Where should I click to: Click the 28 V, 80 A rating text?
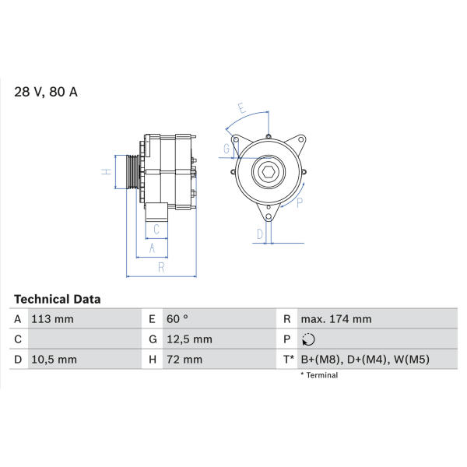[x=46, y=92]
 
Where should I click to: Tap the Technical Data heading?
[x=57, y=300]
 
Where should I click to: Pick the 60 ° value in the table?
[x=177, y=319]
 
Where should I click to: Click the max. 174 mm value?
[x=336, y=319]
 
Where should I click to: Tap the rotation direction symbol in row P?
[x=308, y=339]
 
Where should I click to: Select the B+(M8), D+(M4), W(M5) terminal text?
[x=365, y=360]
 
